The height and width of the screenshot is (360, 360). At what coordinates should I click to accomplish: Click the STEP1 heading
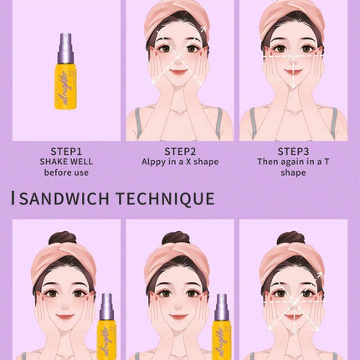pos(66,152)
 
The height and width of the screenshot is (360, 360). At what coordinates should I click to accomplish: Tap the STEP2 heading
pos(180,152)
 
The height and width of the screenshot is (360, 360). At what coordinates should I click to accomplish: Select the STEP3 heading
pos(293,152)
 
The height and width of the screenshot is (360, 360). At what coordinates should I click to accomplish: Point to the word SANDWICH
pos(64,198)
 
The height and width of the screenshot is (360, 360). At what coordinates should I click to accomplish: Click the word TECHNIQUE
pos(165,198)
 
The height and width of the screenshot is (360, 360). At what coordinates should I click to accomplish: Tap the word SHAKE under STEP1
pos(53,162)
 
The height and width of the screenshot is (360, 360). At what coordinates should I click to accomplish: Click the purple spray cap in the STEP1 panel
pos(65,48)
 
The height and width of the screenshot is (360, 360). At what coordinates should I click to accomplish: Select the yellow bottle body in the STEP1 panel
pos(65,86)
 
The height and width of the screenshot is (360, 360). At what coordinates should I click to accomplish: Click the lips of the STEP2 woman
pos(178,71)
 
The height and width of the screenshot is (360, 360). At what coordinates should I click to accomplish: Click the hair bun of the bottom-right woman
pos(291,239)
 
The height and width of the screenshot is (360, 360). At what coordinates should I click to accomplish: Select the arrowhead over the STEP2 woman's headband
pos(203,29)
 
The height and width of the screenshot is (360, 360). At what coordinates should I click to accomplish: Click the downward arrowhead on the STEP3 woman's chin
pos(293,85)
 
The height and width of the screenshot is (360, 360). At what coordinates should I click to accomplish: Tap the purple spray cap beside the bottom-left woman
pos(106,307)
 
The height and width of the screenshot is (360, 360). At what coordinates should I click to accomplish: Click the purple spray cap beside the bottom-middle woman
pos(222,307)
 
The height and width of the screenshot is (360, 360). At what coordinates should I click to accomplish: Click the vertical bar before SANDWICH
pos(13,198)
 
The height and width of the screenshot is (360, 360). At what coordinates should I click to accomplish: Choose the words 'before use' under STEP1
pos(66,172)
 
